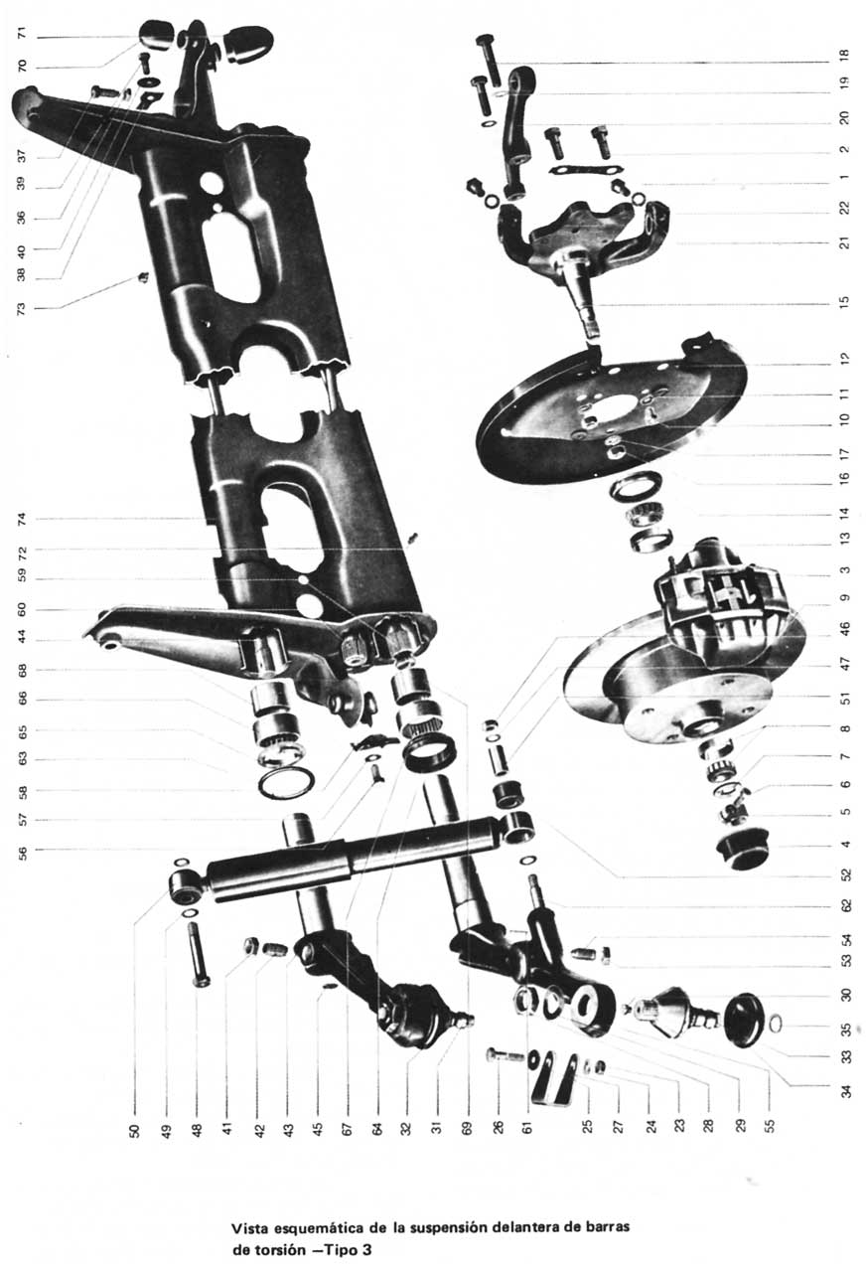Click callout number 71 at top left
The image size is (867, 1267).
pyautogui.click(x=21, y=36)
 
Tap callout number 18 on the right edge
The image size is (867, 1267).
pyautogui.click(x=844, y=56)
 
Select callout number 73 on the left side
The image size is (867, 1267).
pyautogui.click(x=21, y=308)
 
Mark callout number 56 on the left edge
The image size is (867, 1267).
pyautogui.click(x=21, y=850)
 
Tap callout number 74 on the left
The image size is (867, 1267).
pyautogui.click(x=21, y=519)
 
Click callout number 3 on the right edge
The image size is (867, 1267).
pyautogui.click(x=844, y=570)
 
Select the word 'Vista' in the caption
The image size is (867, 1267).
pyautogui.click(x=249, y=1227)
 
